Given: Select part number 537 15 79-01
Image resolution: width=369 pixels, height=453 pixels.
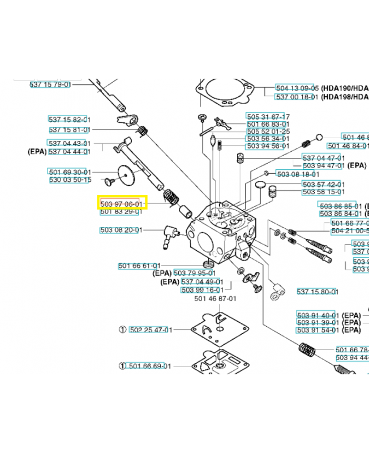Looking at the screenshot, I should pos(50,84).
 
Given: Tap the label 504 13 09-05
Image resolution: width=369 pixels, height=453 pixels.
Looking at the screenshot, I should pos(298,89).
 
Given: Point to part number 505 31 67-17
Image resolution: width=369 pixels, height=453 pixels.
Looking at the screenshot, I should pos(268,117).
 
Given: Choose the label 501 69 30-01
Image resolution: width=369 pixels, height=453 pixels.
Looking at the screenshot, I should pos(70,172).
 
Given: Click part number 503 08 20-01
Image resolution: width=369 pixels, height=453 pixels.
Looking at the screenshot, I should pos(121,230).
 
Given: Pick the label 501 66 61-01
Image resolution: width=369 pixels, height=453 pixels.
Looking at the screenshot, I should pos(140,266).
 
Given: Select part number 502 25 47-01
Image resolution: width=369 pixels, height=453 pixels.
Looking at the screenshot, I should pos(151,330).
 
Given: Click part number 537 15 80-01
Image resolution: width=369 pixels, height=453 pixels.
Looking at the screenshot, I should pos(317,292).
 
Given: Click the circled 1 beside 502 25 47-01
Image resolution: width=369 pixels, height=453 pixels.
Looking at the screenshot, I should pos(122,330).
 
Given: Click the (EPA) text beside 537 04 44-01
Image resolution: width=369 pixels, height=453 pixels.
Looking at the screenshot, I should pos(37,152).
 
